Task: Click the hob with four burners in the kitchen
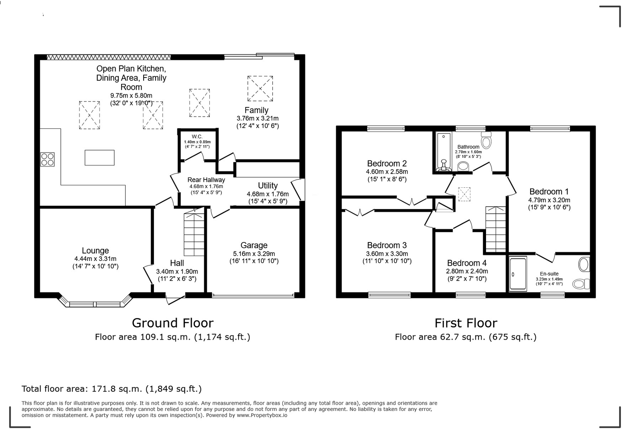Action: coord(47,159)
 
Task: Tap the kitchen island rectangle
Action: coord(100,157)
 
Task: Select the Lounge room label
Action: coord(95,251)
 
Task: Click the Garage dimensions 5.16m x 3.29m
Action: coord(254,254)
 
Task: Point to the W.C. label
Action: coord(197,137)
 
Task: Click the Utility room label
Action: coord(268,185)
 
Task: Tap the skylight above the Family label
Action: coord(260,89)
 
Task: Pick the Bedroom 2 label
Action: coord(386,163)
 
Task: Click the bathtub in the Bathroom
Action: coord(444,152)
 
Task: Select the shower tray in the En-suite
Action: coord(518,274)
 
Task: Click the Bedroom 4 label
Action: coord(467,263)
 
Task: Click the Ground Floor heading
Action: coord(172,323)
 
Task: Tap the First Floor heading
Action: coord(466,323)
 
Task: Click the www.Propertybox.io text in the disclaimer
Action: coord(262,415)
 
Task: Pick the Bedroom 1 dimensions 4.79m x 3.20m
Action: coord(549,200)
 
